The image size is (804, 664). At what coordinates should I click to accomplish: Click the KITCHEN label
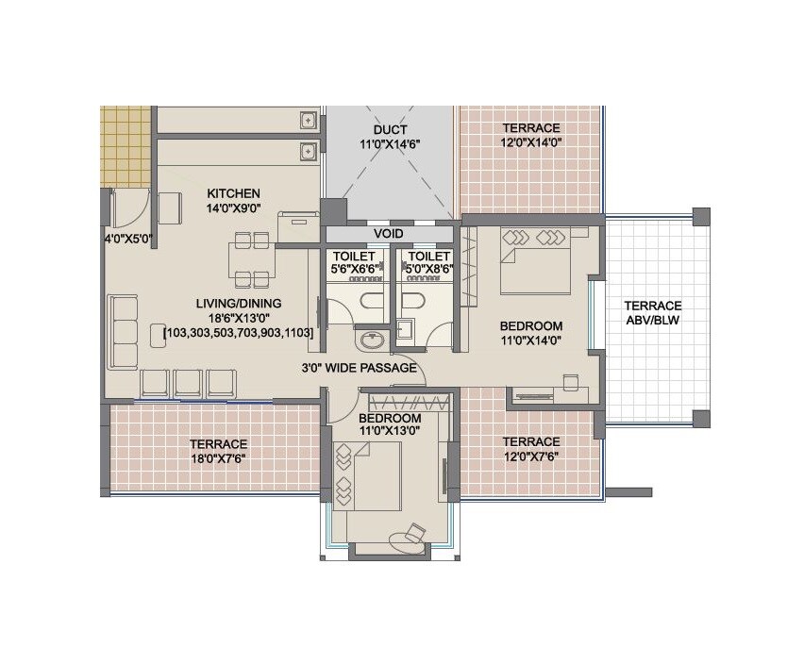click(233, 193)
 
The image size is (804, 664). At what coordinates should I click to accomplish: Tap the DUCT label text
click(390, 129)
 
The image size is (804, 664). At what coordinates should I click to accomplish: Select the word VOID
click(389, 233)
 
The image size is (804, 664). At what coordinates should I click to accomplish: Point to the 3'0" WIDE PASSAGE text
click(359, 368)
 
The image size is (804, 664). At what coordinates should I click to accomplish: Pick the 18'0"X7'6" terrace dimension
click(218, 459)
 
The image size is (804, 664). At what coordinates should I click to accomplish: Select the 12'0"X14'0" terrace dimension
click(530, 143)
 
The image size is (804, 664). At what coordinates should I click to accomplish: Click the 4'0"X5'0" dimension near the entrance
click(127, 239)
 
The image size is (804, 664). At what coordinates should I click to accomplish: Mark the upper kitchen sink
click(307, 120)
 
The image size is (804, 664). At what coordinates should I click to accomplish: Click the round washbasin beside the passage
click(367, 339)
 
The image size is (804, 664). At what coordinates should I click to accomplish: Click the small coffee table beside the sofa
click(158, 334)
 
